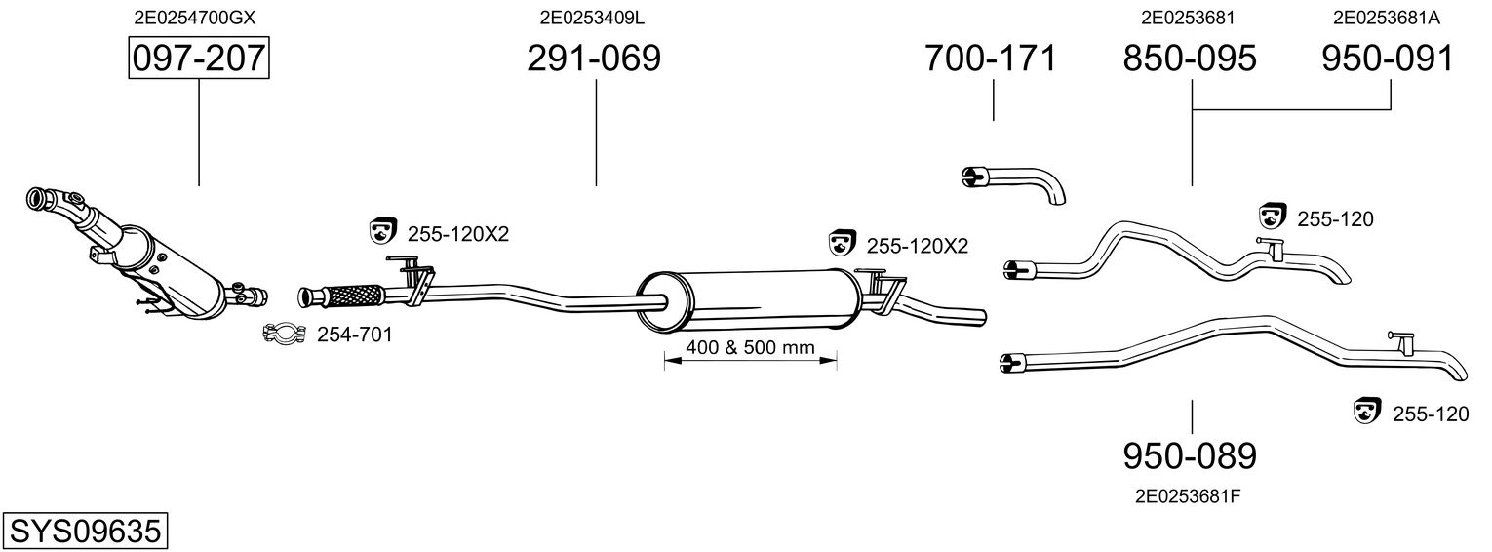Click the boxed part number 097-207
click(199, 59)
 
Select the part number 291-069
click(594, 59)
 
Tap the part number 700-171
click(990, 59)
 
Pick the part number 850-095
click(1190, 59)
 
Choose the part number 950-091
click(1388, 59)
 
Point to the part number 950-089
click(1190, 455)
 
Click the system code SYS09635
click(84, 531)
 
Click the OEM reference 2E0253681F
click(1188, 495)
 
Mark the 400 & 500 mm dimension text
click(750, 347)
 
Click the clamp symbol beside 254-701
click(284, 335)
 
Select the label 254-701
click(355, 335)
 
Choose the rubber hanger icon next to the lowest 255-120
click(1367, 412)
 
